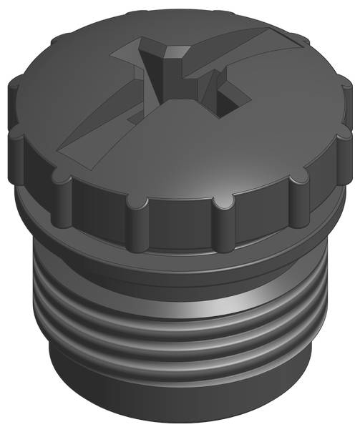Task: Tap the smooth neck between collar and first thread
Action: tap(179, 283)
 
